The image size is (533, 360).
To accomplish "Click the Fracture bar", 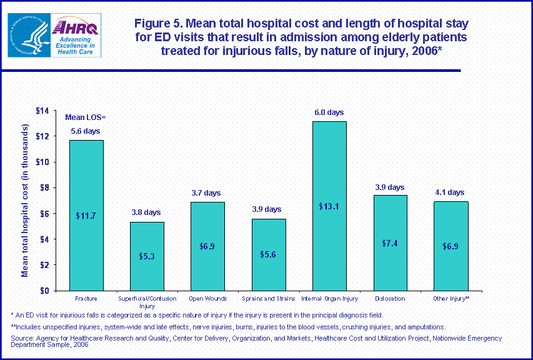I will [x=86, y=215].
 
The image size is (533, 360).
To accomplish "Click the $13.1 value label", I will [x=329, y=207].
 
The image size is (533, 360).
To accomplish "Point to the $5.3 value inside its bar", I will [x=147, y=256].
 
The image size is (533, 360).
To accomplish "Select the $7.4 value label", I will [x=390, y=242].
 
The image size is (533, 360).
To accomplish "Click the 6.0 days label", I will [x=329, y=112].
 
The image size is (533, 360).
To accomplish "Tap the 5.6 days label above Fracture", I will [x=86, y=131].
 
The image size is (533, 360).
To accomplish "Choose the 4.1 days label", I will [x=451, y=192].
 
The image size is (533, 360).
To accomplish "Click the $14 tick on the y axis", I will [x=42, y=111].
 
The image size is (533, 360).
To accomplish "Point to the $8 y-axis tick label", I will [x=44, y=187].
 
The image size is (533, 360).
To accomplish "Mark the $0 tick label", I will [x=44, y=291].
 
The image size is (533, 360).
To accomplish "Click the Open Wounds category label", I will [x=207, y=299].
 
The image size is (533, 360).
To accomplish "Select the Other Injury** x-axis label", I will [x=451, y=299].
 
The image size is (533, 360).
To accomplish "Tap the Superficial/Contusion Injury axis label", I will [x=147, y=302].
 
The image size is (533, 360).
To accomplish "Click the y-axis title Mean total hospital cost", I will [x=26, y=200].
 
